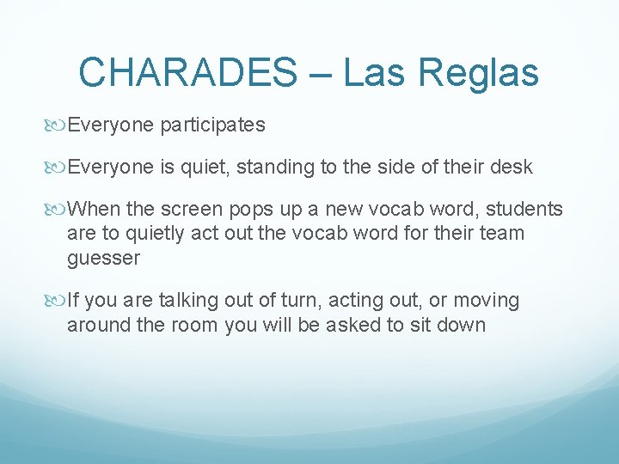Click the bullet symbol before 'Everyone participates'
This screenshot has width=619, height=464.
(58, 125)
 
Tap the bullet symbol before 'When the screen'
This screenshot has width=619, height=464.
(58, 210)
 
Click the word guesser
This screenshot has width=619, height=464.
(103, 259)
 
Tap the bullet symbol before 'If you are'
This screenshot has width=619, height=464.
(58, 301)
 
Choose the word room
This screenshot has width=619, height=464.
(197, 326)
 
